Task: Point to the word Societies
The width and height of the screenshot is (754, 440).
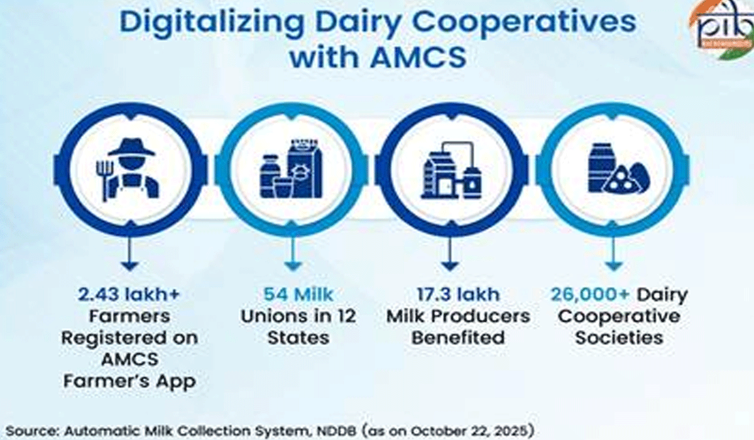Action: click(619, 337)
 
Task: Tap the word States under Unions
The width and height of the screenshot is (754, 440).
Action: click(298, 337)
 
